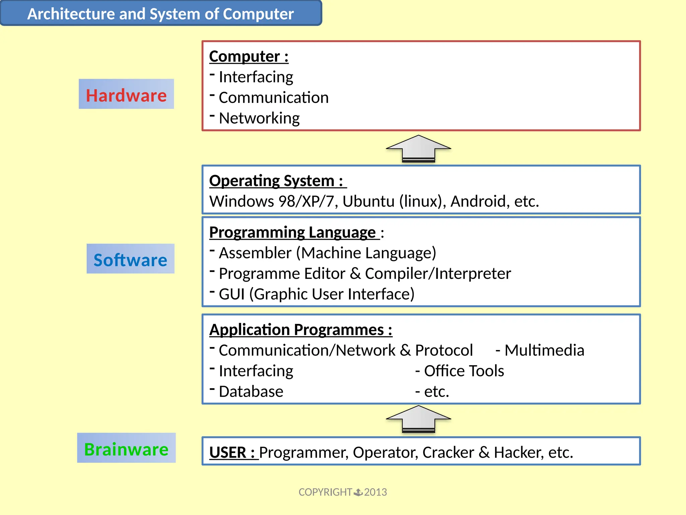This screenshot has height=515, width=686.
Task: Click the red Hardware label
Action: [126, 95]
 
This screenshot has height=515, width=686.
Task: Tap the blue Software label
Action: [130, 260]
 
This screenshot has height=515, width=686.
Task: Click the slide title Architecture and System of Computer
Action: [160, 14]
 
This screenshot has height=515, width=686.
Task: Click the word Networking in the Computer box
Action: [259, 118]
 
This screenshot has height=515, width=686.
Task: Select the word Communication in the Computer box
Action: [273, 98]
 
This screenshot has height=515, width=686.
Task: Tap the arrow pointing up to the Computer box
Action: [418, 149]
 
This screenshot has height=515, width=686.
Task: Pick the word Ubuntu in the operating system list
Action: [368, 201]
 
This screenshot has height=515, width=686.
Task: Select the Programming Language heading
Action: [292, 232]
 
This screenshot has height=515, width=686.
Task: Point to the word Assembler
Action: [255, 253]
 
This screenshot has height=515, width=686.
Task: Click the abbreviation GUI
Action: [231, 294]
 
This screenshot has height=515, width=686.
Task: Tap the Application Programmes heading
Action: [300, 330]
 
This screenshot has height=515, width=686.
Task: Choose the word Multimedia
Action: [544, 350]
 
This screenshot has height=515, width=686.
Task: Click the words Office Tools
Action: [464, 371]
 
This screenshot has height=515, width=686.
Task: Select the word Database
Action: [251, 391]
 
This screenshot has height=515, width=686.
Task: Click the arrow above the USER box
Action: [418, 419]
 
